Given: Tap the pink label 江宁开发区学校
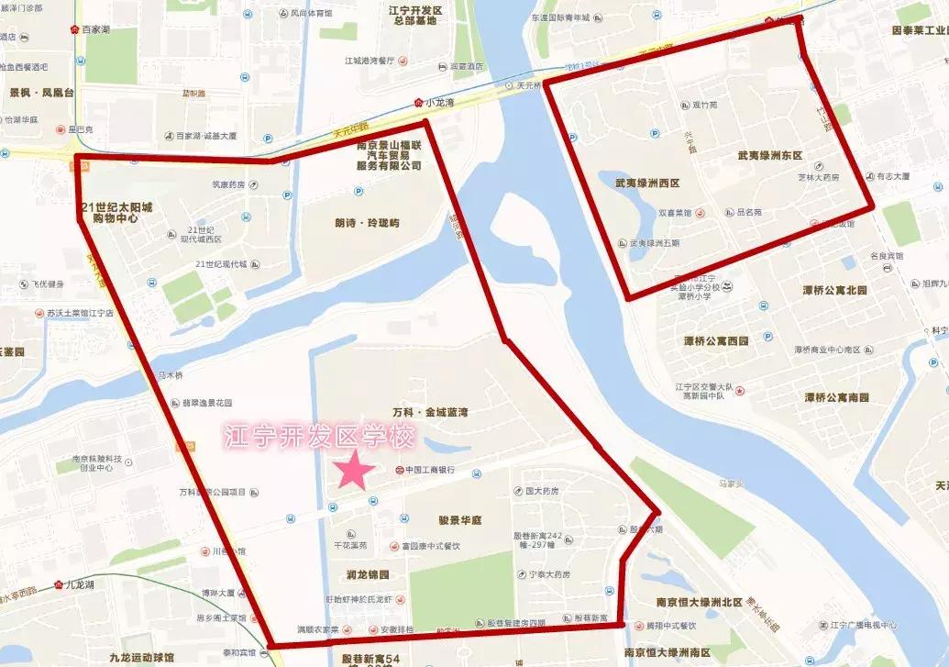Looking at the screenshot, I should coord(320,436).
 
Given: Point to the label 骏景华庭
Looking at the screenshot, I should coord(459,520).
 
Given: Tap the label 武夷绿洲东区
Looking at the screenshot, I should coord(769,156).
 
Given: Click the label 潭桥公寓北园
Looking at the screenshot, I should coord(834,290).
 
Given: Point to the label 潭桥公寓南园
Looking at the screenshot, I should coord(835,397).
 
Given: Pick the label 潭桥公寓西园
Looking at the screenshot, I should coord(716,340).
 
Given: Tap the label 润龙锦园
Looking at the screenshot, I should coord(368,575).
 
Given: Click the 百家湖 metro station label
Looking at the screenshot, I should coord(94,29).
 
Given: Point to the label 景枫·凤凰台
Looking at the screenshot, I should coord(42,93).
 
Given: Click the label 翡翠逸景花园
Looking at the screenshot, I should coord(209,403).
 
